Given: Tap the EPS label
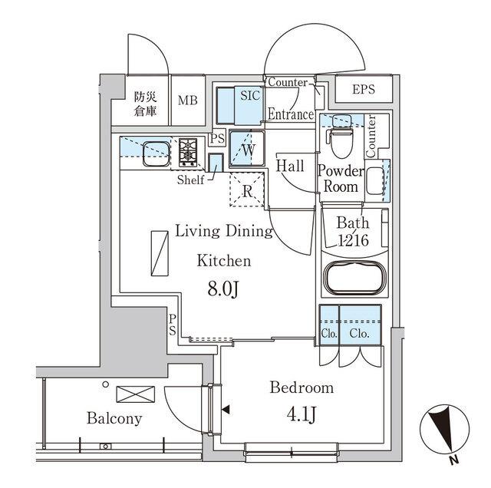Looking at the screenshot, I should point(365,89).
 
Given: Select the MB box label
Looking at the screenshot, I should point(188,101).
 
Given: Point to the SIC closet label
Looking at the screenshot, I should point(250,96).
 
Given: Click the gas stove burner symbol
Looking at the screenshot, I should point(189,152).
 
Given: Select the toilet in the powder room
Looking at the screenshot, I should point(339,137).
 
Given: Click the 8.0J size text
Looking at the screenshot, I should point(224,289).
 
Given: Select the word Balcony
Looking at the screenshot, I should point(114,419).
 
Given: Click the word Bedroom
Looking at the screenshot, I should point(301,387).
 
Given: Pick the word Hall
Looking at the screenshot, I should point(290,166).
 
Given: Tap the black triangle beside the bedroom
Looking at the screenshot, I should point(225,411).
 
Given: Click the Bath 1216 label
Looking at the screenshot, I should point(353,232).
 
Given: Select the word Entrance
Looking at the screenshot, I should point(290,114).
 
